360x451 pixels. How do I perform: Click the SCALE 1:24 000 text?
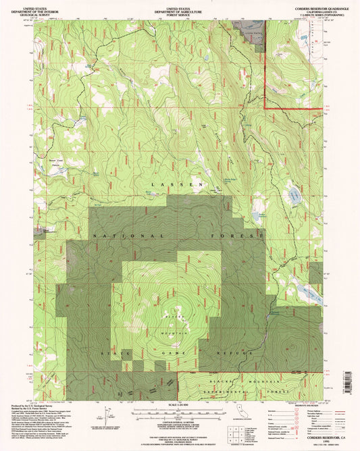coord(180,404)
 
